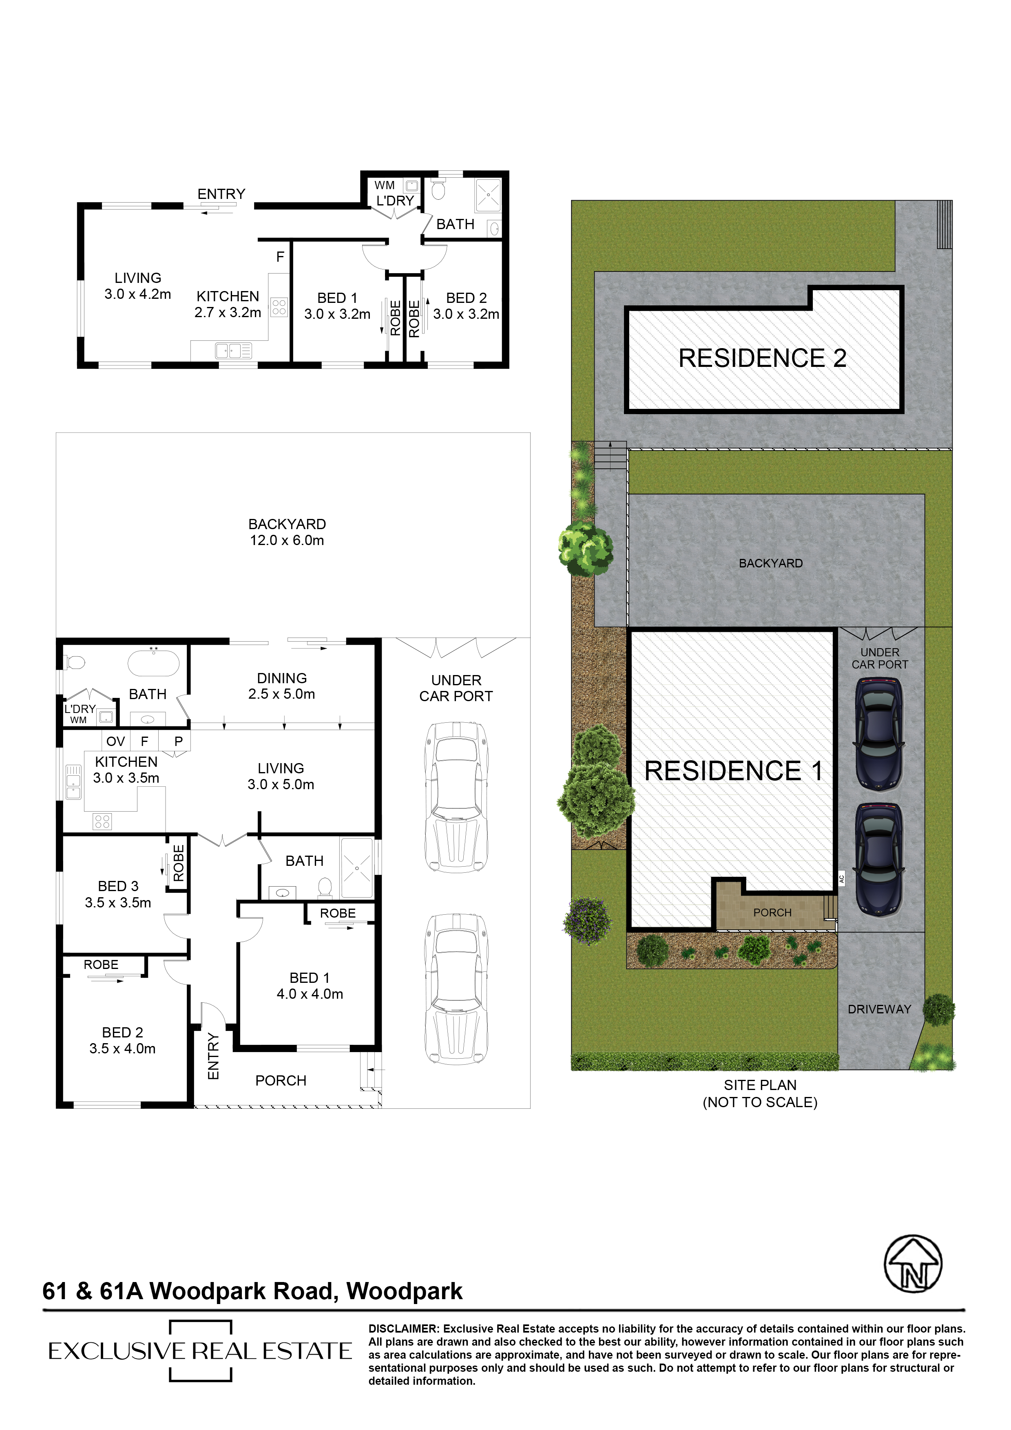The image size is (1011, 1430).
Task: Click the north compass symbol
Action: coord(913,1264)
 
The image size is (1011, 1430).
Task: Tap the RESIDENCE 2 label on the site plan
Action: coord(763,358)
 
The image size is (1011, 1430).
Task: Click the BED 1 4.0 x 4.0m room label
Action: coord(310,986)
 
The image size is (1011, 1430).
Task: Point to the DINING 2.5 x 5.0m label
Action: coord(281,686)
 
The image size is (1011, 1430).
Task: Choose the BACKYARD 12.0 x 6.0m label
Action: coord(287,532)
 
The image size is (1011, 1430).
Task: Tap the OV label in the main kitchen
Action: coord(116,741)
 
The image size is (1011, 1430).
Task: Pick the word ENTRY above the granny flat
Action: coord(221,194)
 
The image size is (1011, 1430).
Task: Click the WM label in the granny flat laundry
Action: coord(384,185)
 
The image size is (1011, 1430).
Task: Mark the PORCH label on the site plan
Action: coord(772,912)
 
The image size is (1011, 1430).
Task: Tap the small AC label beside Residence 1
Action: coord(841,879)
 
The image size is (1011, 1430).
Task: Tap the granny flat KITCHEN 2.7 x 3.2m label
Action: coord(228,305)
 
